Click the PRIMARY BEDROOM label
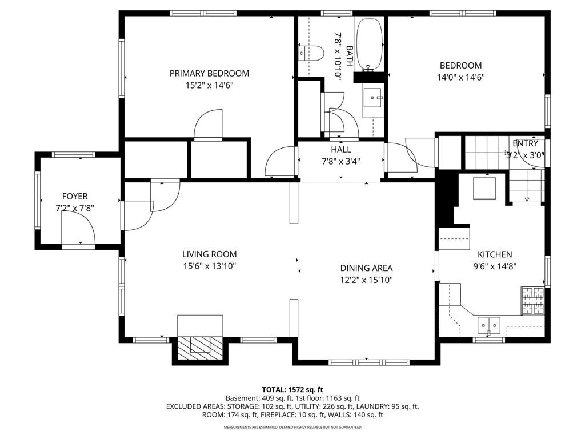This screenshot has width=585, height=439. (x=209, y=73)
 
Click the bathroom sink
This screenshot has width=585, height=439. (x=373, y=98)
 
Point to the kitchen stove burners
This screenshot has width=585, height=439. (x=532, y=301)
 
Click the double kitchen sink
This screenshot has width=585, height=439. (x=489, y=325)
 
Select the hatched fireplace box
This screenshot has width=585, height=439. (x=201, y=348)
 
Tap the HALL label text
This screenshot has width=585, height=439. (x=341, y=149)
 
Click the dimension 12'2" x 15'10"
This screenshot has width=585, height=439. (x=366, y=280)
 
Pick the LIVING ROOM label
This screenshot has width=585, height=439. (x=209, y=254)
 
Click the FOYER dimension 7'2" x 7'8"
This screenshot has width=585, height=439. (x=75, y=208)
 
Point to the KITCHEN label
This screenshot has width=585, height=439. (x=495, y=254)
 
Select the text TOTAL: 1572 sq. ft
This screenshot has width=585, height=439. (x=292, y=390)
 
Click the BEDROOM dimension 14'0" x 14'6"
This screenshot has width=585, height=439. (x=461, y=78)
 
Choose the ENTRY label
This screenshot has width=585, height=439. (x=526, y=143)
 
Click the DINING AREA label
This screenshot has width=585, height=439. (x=366, y=268)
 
